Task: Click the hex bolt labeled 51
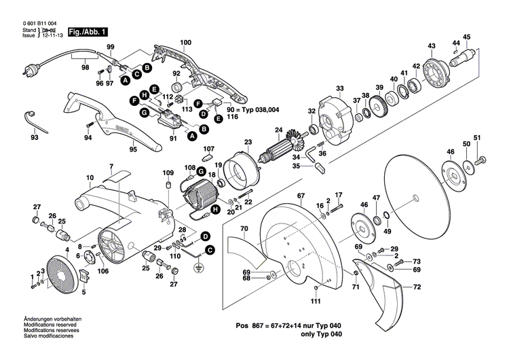pos(481,160)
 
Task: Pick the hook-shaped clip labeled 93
pos(33,120)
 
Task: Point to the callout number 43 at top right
pos(431,46)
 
